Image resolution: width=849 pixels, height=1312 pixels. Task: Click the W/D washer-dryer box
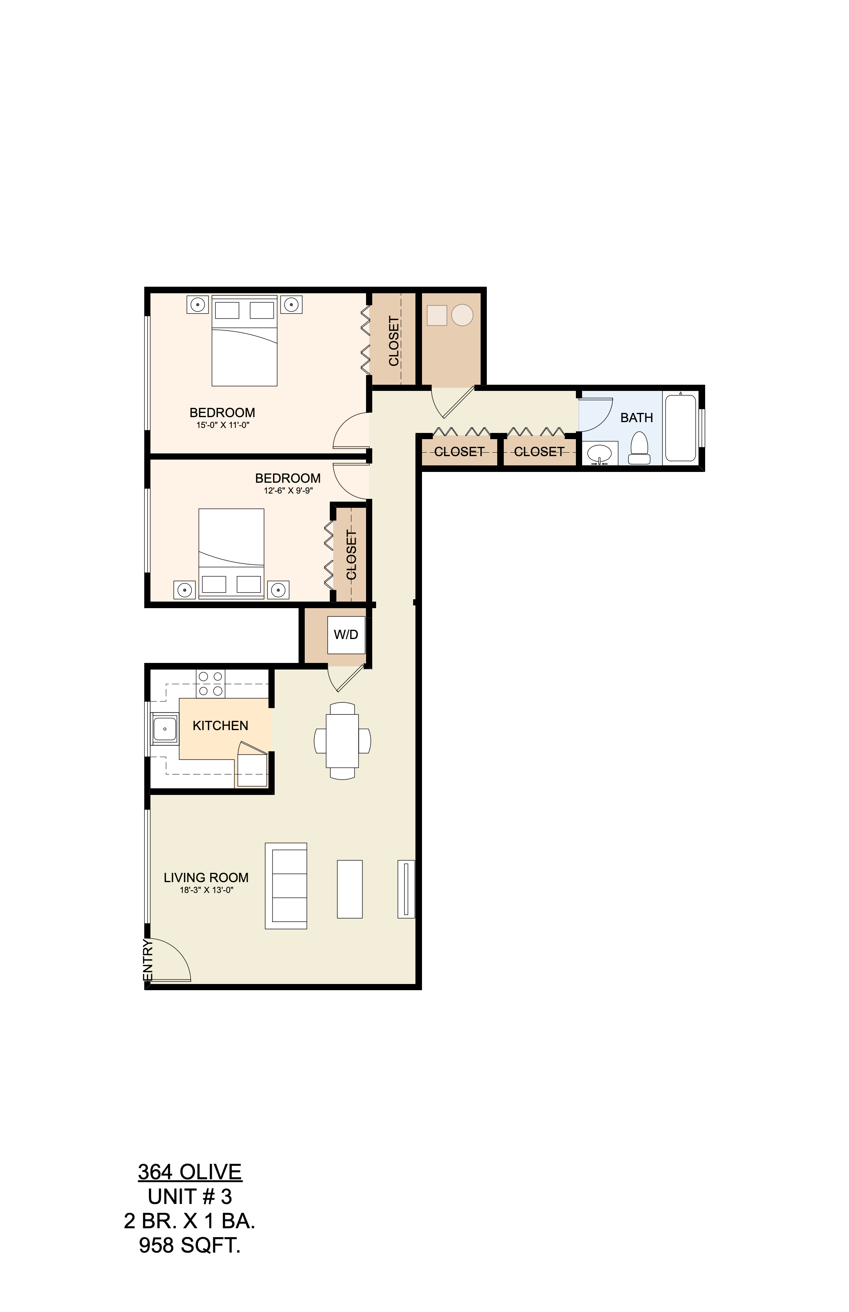click(346, 634)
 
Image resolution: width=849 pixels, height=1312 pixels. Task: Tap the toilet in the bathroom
click(639, 448)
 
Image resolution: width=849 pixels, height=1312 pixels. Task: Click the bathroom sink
click(599, 454)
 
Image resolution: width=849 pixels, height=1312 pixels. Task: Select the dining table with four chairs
click(342, 741)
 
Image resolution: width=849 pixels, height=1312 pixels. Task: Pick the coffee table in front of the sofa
click(349, 889)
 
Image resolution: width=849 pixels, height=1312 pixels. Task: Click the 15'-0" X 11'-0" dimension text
click(223, 425)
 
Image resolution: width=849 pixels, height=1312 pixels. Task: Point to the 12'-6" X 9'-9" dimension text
click(288, 490)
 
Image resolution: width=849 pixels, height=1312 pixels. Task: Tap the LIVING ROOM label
click(206, 877)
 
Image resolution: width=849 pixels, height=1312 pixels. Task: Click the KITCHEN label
click(220, 725)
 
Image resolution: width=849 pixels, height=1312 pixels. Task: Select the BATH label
click(636, 418)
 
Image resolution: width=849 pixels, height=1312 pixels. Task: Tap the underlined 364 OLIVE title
click(189, 1172)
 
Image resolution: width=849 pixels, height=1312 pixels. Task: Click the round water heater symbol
click(462, 315)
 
